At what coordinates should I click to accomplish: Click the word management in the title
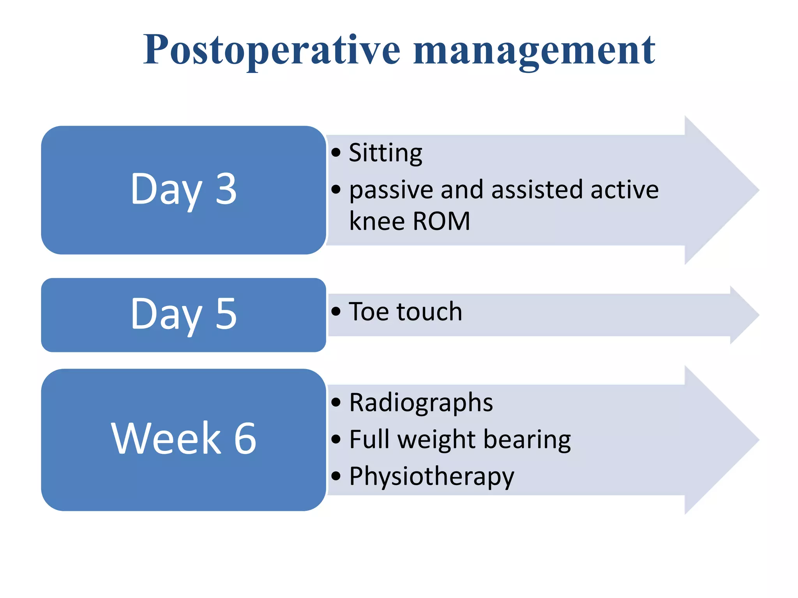click(x=534, y=51)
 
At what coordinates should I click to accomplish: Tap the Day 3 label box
click(x=183, y=190)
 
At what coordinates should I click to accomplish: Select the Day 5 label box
click(x=183, y=315)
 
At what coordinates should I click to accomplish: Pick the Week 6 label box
click(x=183, y=439)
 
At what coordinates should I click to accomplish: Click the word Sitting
click(x=385, y=153)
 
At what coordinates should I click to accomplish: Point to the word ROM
click(x=441, y=221)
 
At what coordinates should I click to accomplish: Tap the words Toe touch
click(x=405, y=311)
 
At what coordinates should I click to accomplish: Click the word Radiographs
click(x=421, y=403)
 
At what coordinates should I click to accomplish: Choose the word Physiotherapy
click(x=431, y=477)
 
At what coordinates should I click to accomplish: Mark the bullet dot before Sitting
click(x=336, y=153)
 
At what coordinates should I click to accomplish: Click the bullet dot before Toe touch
click(x=336, y=311)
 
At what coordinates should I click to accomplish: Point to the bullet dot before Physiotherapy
click(x=336, y=476)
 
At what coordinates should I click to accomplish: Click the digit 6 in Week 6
click(x=245, y=438)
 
